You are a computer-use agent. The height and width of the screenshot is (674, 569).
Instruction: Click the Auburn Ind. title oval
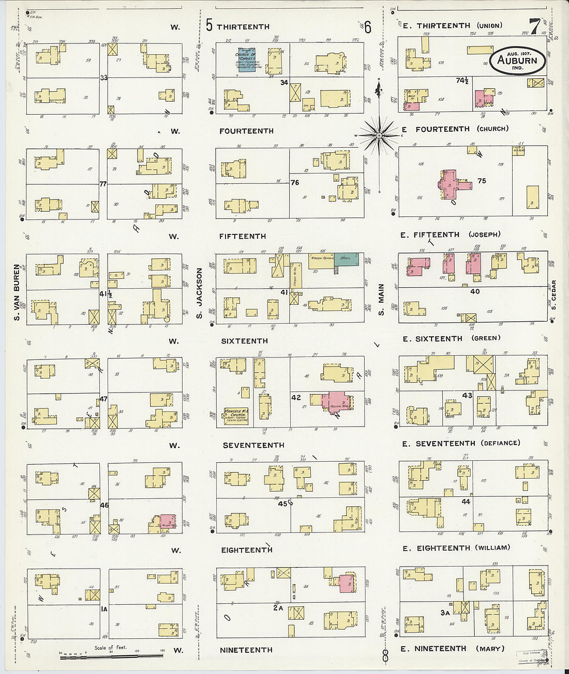click(517, 60)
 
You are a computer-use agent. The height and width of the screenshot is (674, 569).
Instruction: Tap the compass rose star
click(379, 136)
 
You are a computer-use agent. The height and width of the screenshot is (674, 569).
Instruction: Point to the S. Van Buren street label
click(17, 292)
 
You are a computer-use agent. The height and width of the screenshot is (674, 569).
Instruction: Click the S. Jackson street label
click(199, 292)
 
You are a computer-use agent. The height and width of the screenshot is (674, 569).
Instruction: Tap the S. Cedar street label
click(553, 295)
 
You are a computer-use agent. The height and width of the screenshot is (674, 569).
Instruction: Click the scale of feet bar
click(111, 656)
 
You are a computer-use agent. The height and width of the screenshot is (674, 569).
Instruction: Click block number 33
click(104, 78)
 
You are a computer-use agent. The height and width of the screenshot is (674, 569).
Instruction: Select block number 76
click(295, 182)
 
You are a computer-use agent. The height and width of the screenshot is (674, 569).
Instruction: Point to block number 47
click(103, 399)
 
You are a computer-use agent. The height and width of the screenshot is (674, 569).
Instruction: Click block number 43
click(467, 395)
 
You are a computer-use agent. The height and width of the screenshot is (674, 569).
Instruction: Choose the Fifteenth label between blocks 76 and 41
click(243, 236)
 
